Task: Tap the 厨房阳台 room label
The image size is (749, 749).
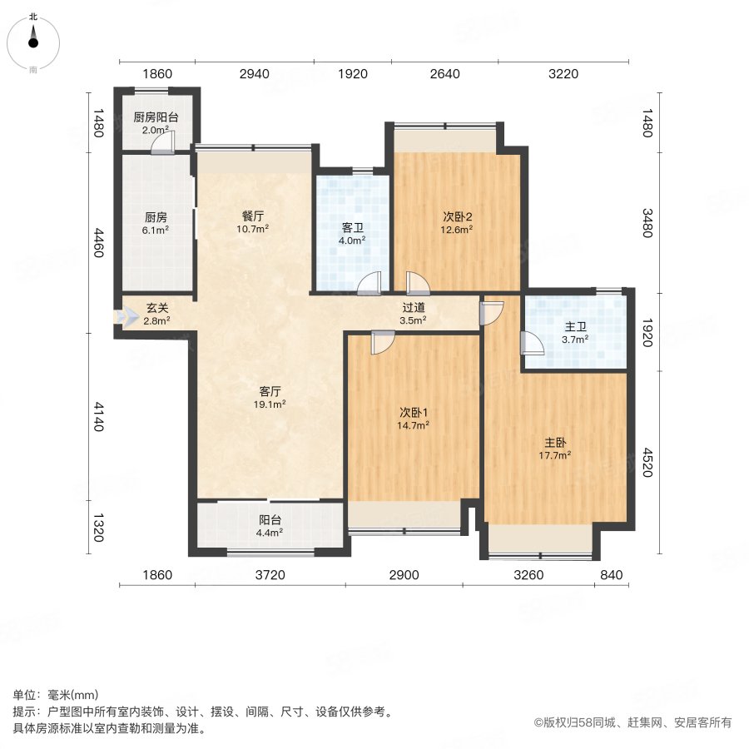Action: tap(156, 123)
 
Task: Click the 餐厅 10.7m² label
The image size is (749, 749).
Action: tap(253, 222)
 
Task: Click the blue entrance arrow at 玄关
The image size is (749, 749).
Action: tap(127, 317)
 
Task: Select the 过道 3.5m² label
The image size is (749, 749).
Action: tap(413, 313)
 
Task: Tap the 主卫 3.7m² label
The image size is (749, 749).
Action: tap(574, 333)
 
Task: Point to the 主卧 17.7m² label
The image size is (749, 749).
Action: tap(555, 449)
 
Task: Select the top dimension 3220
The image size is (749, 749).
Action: tap(563, 74)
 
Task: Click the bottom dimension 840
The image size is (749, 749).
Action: tap(611, 575)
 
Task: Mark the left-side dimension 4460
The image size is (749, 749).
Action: tap(97, 242)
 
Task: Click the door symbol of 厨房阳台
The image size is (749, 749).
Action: tap(165, 143)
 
